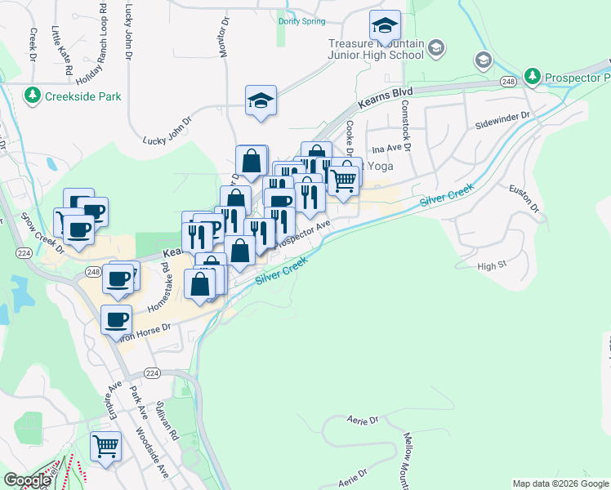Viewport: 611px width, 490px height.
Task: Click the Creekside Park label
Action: point(83,96)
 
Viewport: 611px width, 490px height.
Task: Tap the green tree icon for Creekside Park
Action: point(33,96)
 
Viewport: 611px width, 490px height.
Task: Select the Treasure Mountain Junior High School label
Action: point(376,49)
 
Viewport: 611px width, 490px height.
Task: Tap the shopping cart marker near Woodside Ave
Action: point(106,447)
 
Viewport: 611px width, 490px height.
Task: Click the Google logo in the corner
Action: point(27,480)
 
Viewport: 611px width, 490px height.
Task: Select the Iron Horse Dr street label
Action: point(145,328)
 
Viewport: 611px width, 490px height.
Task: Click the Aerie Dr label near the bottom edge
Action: point(354,475)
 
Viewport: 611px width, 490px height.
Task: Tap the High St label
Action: point(492,266)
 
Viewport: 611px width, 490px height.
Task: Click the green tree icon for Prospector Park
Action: point(533,76)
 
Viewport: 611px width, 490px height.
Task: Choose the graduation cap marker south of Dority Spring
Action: point(261,101)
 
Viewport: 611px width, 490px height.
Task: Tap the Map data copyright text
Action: point(560,483)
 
